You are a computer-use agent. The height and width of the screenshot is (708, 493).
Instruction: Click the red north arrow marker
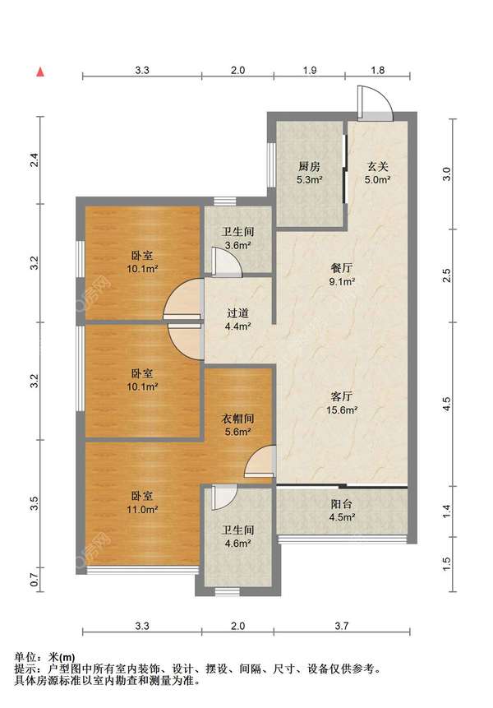pyautogui.click(x=40, y=72)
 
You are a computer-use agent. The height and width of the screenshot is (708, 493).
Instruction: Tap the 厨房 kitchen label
pyautogui.click(x=310, y=167)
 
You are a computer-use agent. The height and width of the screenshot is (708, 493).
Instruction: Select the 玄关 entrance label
pyautogui.click(x=377, y=167)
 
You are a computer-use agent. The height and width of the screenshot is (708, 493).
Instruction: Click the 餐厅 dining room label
pyautogui.click(x=342, y=268)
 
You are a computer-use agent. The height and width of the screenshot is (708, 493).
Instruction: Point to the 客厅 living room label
pyautogui.click(x=342, y=396)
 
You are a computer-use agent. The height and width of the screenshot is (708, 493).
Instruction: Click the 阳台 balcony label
pyautogui.click(x=342, y=504)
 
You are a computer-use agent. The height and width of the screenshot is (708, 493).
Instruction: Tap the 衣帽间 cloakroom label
pyautogui.click(x=237, y=419)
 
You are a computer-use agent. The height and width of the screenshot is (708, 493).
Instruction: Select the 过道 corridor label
pyautogui.click(x=237, y=312)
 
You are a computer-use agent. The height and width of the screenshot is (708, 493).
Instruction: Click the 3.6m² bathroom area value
pyautogui.click(x=237, y=246)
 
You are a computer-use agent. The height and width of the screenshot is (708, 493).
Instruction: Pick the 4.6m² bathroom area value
pyautogui.click(x=237, y=544)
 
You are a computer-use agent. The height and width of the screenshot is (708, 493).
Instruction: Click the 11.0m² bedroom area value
pyautogui.click(x=142, y=510)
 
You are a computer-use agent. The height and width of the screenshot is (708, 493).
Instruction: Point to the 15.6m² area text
pyautogui.click(x=342, y=410)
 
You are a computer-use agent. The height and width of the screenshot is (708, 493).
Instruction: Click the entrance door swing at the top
pyautogui.click(x=376, y=103)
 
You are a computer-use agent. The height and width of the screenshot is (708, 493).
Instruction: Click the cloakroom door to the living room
pyautogui.click(x=260, y=461)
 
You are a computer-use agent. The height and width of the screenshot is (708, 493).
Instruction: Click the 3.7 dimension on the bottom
pyautogui.click(x=342, y=626)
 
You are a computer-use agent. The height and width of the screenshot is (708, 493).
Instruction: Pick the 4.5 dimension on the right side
pyautogui.click(x=446, y=404)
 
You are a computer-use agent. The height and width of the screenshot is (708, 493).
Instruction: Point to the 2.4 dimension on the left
pyautogui.click(x=35, y=160)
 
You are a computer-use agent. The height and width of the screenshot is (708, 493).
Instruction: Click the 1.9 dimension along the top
pyautogui.click(x=310, y=70)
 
